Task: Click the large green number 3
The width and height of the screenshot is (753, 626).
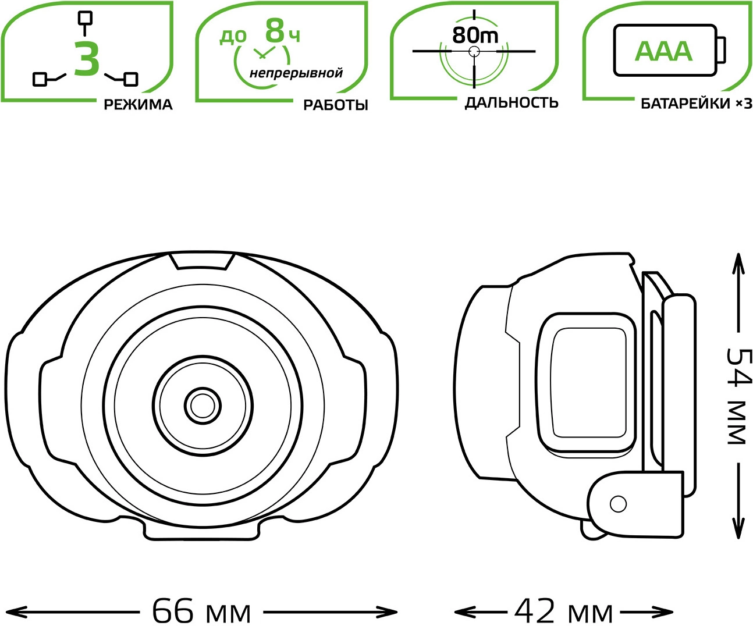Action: click(x=87, y=58)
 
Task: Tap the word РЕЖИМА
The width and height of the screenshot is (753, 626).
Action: click(x=138, y=105)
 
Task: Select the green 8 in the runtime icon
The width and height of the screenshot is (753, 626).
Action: click(x=275, y=31)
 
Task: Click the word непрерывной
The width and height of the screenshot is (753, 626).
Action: click(x=296, y=73)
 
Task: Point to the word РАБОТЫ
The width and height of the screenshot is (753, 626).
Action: click(x=335, y=105)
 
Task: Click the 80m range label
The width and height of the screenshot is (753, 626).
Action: click(x=475, y=35)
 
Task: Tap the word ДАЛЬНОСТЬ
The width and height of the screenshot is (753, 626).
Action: click(x=512, y=103)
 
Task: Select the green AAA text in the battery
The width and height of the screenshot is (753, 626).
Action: click(x=663, y=52)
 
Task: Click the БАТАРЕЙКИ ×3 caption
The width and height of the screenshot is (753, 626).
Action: click(x=697, y=104)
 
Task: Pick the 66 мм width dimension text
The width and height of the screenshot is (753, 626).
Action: click(x=201, y=611)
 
